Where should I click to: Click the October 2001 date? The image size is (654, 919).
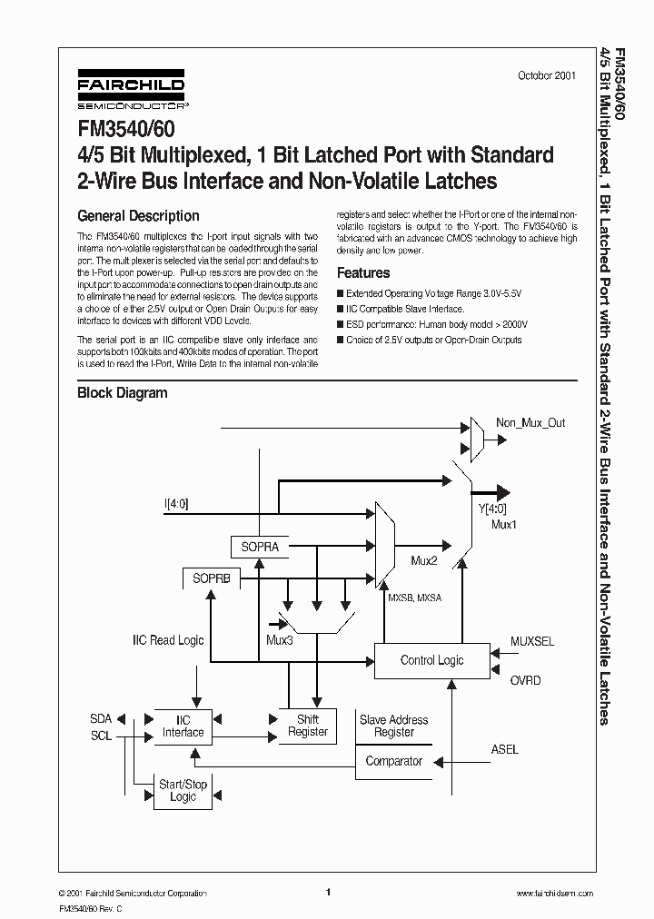pyautogui.click(x=546, y=76)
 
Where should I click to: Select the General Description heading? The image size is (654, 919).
pyautogui.click(x=138, y=216)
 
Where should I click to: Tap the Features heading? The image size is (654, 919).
pyautogui.click(x=363, y=272)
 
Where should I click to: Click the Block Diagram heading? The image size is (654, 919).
pyautogui.click(x=123, y=393)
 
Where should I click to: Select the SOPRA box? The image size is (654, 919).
pyautogui.click(x=260, y=548)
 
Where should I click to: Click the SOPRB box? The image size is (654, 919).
pyautogui.click(x=211, y=578)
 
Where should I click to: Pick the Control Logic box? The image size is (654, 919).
pyautogui.click(x=431, y=660)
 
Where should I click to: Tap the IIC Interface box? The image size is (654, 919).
pyautogui.click(x=183, y=726)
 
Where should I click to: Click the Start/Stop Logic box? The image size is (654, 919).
pyautogui.click(x=183, y=790)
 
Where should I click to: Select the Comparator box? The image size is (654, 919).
pyautogui.click(x=393, y=761)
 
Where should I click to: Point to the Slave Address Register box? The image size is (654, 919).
pyautogui.click(x=393, y=726)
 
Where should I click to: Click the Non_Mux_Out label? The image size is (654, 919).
pyautogui.click(x=530, y=423)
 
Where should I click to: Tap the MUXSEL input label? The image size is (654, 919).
pyautogui.click(x=531, y=641)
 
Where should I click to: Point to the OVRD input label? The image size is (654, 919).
pyautogui.click(x=525, y=680)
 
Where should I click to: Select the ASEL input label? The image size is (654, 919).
pyautogui.click(x=505, y=749)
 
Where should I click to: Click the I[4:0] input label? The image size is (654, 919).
pyautogui.click(x=176, y=502)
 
